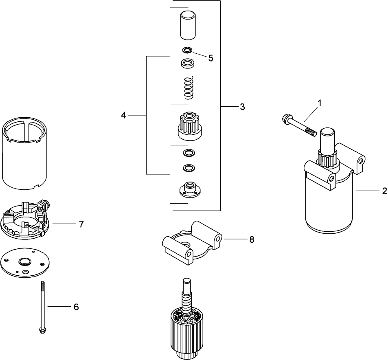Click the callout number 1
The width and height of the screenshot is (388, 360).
pyautogui.click(x=320, y=103)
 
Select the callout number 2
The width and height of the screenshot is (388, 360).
pyautogui.click(x=384, y=191)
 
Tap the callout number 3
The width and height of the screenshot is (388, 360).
pyautogui.click(x=242, y=107)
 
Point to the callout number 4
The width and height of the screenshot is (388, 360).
pyautogui.click(x=123, y=116)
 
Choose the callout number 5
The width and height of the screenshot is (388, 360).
pyautogui.click(x=210, y=58)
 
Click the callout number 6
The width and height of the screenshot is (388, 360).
pyautogui.click(x=76, y=307)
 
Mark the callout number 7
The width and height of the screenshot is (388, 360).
pyautogui.click(x=81, y=224)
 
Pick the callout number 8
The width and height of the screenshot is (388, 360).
pyautogui.click(x=252, y=240)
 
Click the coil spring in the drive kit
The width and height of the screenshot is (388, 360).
pyautogui.click(x=188, y=88)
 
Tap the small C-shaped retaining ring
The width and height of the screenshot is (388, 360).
pyautogui.click(x=187, y=50)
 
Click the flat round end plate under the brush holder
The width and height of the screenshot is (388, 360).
pyautogui.click(x=26, y=263)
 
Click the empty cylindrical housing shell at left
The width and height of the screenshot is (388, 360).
pyautogui.click(x=25, y=155)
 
